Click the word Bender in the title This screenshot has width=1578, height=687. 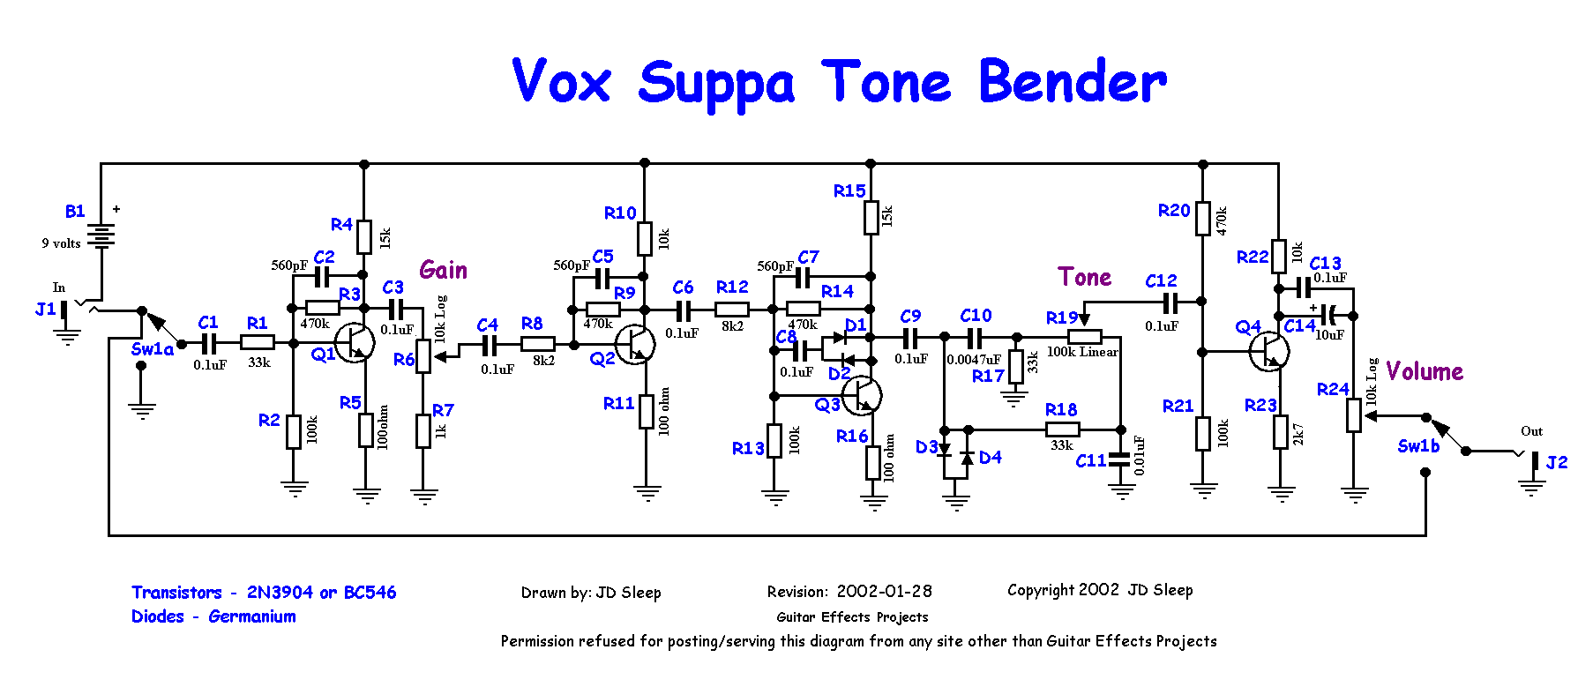coord(1073,81)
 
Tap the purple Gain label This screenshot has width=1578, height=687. coord(443,270)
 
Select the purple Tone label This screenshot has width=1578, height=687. coord(1085,277)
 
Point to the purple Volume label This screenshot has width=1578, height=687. coord(1425,371)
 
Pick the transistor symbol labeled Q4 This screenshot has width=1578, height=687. coord(1269,351)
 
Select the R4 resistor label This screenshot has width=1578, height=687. coord(341,225)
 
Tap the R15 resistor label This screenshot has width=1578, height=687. coord(849,190)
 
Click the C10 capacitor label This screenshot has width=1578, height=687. coord(976,316)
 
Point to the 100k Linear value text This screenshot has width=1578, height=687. coord(1082,352)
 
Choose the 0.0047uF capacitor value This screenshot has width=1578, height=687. coord(974,360)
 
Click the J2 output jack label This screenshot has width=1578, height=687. coord(1557,462)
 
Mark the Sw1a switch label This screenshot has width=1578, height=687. coord(153,349)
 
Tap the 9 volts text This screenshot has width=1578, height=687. coord(61,243)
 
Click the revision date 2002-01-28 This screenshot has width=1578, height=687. coord(884,591)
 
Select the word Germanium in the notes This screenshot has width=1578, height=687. coord(252,616)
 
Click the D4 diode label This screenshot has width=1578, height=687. coord(991,457)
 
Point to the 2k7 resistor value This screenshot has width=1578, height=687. coord(1298,434)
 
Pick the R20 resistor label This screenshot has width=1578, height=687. coord(1174,210)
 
